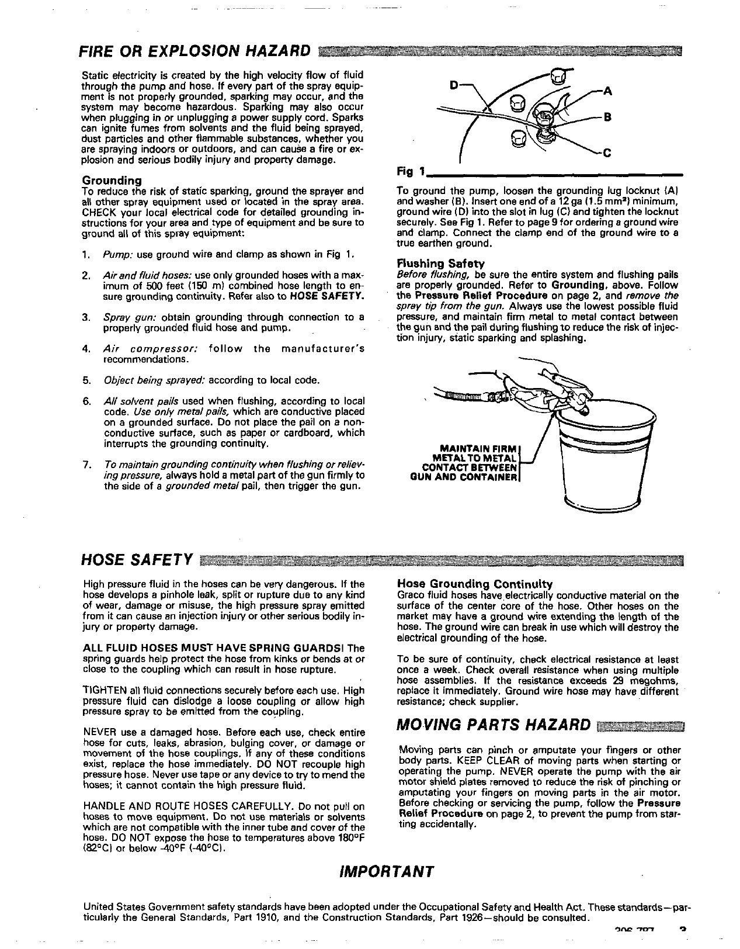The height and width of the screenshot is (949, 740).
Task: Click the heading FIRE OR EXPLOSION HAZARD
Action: click(194, 51)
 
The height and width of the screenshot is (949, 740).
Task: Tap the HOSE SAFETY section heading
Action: click(137, 559)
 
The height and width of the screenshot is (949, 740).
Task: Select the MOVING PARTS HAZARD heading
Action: click(494, 725)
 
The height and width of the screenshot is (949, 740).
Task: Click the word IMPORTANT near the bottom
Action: click(387, 872)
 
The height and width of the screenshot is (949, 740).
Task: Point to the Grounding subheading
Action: click(112, 180)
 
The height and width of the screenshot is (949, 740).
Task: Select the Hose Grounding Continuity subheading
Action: click(475, 584)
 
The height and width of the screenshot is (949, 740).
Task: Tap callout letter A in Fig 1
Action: click(607, 91)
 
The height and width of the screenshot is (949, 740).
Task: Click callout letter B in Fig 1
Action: click(607, 117)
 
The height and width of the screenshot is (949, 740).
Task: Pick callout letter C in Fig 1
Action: click(607, 153)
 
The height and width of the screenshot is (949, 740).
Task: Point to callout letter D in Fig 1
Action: click(454, 85)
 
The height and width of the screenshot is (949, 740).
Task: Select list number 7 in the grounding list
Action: click(86, 465)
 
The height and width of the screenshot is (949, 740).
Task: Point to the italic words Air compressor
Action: click(151, 348)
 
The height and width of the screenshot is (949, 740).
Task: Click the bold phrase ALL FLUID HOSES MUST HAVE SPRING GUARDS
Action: click(213, 648)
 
